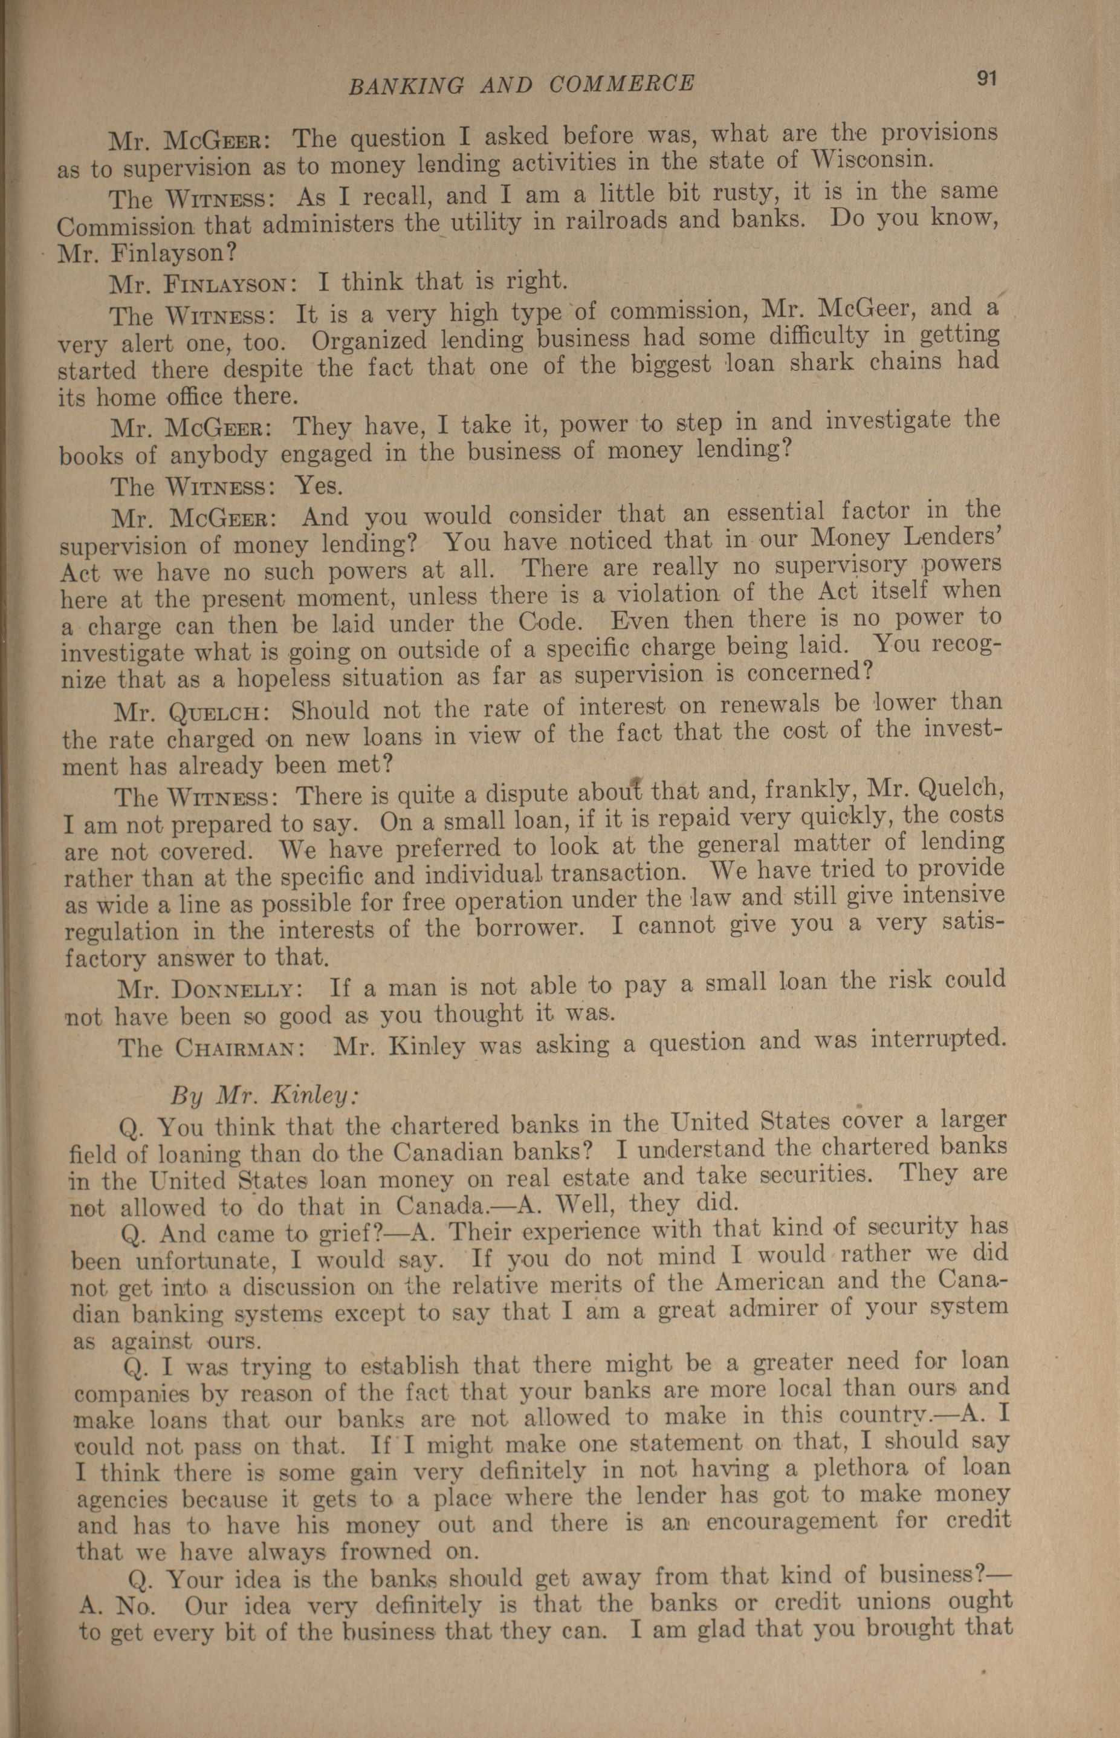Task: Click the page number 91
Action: point(986,79)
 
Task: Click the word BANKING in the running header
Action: point(406,86)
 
